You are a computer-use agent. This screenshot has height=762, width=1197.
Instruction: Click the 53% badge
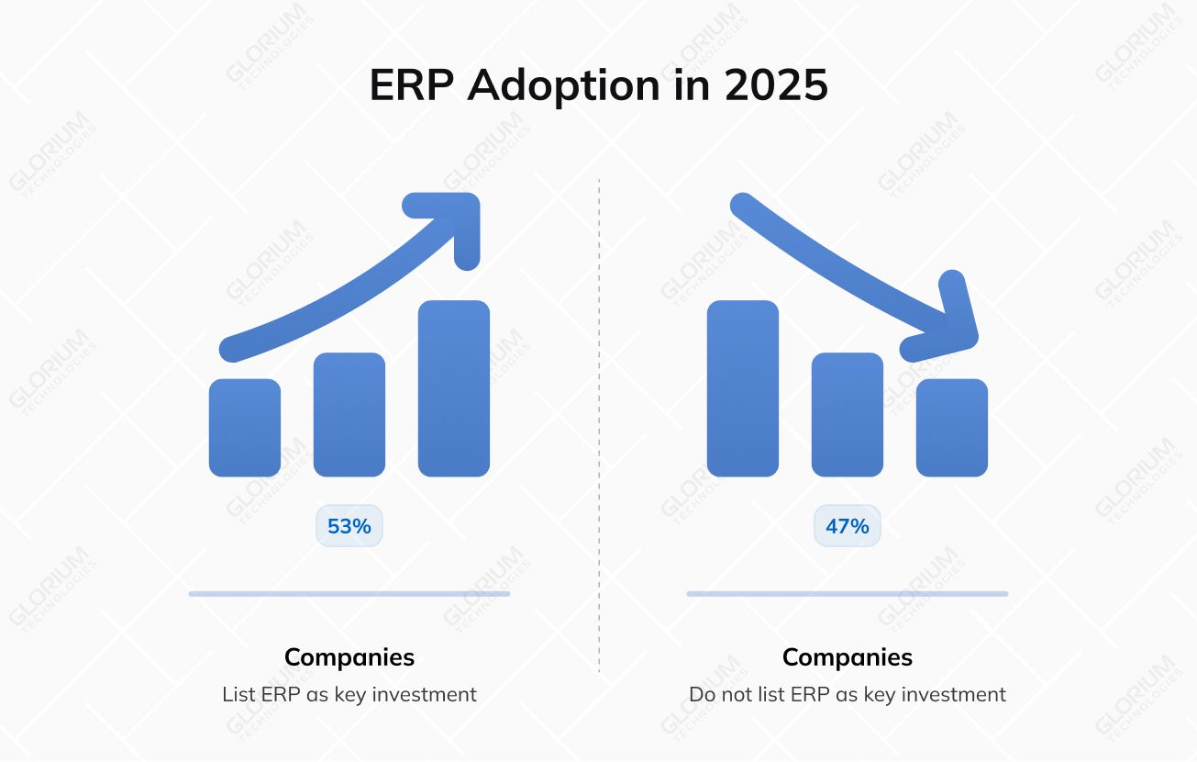349,527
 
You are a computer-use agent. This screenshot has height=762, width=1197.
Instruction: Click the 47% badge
847,527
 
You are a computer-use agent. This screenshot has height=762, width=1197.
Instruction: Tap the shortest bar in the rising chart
245,428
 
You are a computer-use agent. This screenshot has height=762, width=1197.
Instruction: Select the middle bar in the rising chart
349,415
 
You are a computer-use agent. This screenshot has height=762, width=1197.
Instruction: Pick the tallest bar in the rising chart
454,388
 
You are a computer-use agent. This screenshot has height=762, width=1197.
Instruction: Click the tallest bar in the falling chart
743,388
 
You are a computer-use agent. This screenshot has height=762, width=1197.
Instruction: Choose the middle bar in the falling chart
848,415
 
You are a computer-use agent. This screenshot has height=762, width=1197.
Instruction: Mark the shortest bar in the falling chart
952,428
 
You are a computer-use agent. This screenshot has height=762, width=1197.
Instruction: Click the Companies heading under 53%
349,657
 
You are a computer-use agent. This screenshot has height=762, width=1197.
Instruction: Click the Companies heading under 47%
848,657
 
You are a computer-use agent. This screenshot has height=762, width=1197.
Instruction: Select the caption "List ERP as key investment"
349,695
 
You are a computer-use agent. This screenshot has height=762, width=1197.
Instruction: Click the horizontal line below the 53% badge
349,594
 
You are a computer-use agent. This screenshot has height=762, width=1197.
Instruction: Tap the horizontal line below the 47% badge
848,594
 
